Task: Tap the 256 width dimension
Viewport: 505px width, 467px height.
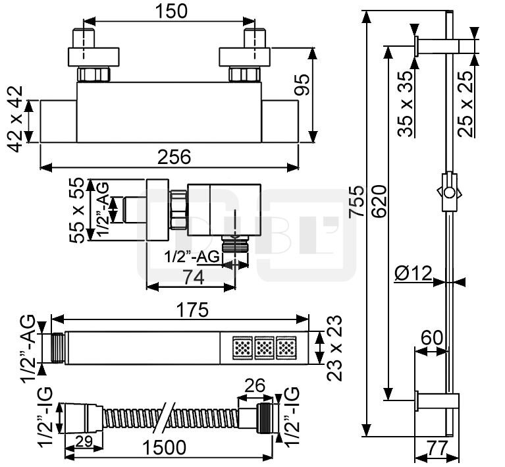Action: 174,157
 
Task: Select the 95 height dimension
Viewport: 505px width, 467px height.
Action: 303,85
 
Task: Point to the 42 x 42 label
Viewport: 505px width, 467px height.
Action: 15,119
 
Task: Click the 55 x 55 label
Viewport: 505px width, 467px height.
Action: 77,211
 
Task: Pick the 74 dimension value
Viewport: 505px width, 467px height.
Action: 193,277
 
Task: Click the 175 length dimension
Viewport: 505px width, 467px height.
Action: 193,310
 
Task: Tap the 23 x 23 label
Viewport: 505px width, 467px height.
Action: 334,348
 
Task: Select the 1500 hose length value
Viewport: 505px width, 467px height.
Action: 164,447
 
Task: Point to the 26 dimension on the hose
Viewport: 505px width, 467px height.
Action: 255,385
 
